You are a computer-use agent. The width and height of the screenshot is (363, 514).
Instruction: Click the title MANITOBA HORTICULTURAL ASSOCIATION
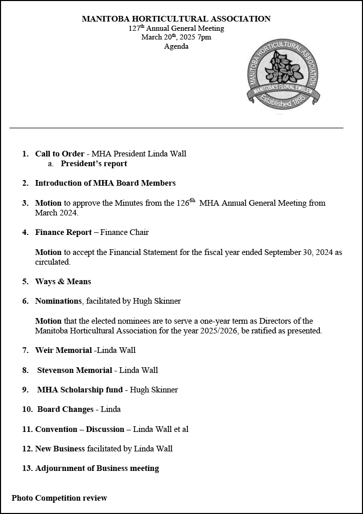coord(176,19)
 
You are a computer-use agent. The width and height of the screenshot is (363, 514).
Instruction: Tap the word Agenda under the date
coord(176,47)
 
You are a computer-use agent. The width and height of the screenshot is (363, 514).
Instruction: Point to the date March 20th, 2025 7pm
coord(176,37)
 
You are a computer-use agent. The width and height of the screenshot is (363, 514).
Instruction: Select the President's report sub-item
coord(93,164)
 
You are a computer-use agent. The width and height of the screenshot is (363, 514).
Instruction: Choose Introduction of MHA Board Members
coord(105,183)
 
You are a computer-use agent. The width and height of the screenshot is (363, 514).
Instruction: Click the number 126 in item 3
coord(183,203)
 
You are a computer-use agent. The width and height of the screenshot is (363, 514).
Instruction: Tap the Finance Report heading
coord(63,232)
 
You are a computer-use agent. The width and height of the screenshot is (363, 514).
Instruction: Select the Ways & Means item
coord(63,282)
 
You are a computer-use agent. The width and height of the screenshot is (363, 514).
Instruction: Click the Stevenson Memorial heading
coord(74,370)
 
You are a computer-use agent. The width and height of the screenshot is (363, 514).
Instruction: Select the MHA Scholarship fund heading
coord(80,390)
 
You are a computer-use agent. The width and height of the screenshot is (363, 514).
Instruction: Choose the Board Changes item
coord(65,409)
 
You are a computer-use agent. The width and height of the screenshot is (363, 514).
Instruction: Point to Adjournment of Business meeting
coord(97,468)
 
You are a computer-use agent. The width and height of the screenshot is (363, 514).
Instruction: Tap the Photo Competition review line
coord(60,498)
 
